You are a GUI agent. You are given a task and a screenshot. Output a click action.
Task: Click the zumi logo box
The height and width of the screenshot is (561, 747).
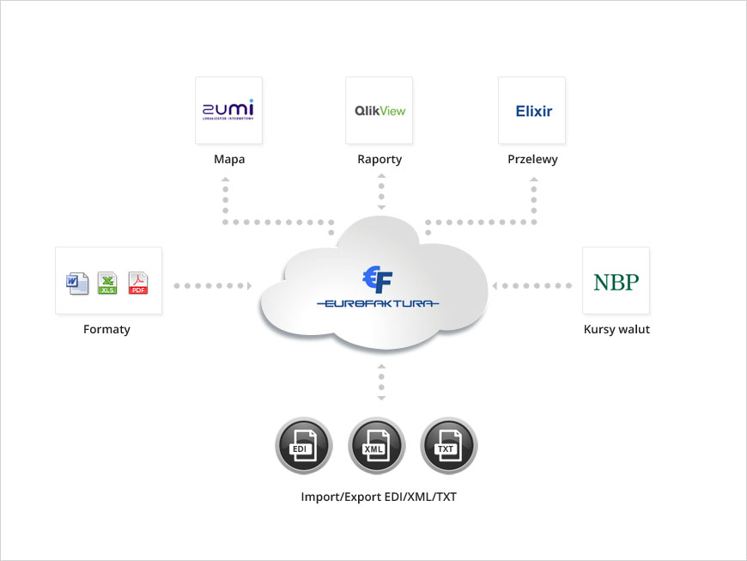pos(228,110)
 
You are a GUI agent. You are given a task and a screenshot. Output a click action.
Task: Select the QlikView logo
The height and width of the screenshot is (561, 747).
pos(380,110)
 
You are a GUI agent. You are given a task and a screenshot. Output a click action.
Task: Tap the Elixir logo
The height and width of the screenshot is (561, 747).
pos(532,110)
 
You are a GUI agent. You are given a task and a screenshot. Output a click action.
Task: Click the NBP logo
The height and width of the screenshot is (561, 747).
pos(616,281)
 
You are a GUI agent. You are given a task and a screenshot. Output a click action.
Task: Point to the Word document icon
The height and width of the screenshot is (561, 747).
pos(77,283)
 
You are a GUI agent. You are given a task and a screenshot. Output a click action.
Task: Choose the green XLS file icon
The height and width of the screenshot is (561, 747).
pos(107,283)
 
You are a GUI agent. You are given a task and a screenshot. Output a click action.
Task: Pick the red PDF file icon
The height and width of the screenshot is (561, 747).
pos(138,283)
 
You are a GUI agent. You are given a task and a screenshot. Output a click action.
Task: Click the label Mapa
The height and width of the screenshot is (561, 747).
pos(229,160)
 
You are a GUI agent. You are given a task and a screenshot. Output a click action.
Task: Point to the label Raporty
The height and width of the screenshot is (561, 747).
pos(380,160)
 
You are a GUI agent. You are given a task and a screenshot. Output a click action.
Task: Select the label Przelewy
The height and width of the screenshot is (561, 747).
pos(532,160)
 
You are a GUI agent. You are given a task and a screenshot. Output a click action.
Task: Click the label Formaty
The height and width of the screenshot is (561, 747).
pos(106,329)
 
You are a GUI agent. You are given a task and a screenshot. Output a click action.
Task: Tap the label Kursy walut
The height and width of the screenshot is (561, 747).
pos(616,329)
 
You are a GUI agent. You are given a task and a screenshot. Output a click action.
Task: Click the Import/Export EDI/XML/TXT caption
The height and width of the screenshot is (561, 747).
pos(379,497)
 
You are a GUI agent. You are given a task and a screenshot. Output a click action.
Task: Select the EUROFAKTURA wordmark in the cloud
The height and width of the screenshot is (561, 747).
pos(378,303)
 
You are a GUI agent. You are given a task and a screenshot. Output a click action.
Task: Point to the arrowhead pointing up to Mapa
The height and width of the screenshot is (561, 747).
pos(225,180)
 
